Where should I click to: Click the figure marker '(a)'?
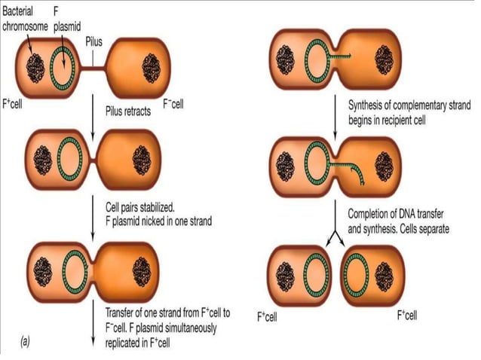click(26, 340)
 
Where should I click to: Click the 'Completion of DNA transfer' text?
click(402, 213)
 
